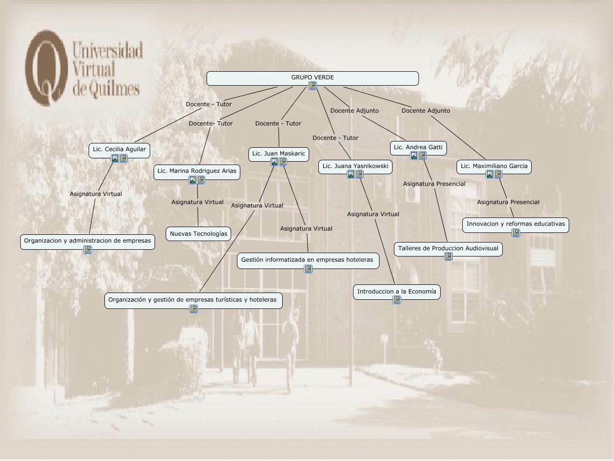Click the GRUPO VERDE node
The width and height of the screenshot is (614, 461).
pos(312,77)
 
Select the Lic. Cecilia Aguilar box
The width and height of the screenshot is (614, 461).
pos(119,149)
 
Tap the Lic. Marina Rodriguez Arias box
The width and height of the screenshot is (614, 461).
pos(196,171)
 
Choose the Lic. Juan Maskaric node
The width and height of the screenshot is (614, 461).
pos(278,154)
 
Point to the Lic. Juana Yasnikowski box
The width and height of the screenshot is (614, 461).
pos(355,166)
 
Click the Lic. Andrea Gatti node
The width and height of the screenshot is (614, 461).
pos(418,147)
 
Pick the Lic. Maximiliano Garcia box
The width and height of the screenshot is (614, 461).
pos(494,166)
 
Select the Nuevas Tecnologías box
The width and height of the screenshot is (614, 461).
pos(198,234)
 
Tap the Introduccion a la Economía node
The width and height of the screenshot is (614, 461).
pos(396,291)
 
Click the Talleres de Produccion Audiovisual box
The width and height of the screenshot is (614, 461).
pos(448,248)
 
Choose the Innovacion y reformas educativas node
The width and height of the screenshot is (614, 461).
pos(515,224)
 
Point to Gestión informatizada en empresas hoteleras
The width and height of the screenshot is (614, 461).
pos(307,260)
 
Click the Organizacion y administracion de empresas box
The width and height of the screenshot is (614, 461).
pos(87,241)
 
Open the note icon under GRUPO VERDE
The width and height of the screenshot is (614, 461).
pos(313,86)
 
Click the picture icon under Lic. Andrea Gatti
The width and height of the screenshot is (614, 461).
pos(414,155)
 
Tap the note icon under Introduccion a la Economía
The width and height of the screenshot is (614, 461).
pos(397,300)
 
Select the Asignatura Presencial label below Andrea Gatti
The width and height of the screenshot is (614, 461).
pos(434,184)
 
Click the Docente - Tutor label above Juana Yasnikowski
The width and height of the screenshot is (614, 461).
pos(335,138)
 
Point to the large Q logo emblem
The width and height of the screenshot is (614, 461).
pos(46,67)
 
